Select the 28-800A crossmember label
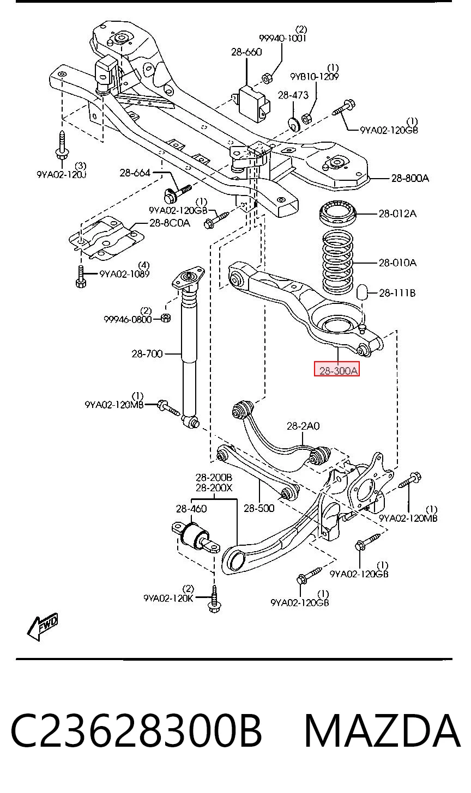pyautogui.click(x=410, y=178)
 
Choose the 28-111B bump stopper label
pyautogui.click(x=397, y=293)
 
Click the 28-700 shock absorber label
pyautogui.click(x=147, y=353)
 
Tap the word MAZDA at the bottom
pyautogui.click(x=382, y=731)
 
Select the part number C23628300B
pyautogui.click(x=136, y=731)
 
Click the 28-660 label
pyautogui.click(x=246, y=52)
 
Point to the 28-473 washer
pyautogui.click(x=293, y=123)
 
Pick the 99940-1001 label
pyautogui.click(x=282, y=38)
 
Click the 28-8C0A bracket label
pyautogui.click(x=170, y=223)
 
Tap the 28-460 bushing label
pyautogui.click(x=191, y=509)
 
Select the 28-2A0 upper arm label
pyautogui.click(x=303, y=426)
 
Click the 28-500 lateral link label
pyautogui.click(x=259, y=508)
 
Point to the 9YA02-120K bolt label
pyautogui.click(x=168, y=598)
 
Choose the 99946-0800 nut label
pyautogui.click(x=128, y=319)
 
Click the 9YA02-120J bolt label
pyautogui.click(x=62, y=174)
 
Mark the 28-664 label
pyautogui.click(x=135, y=173)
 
